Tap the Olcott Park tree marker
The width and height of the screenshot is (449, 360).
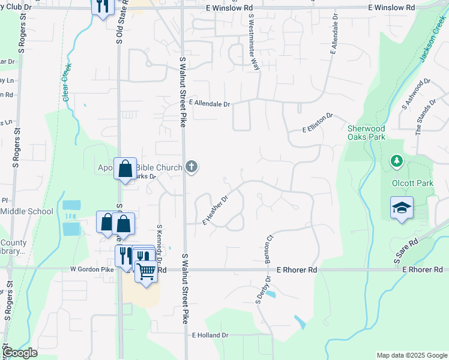point(396,161)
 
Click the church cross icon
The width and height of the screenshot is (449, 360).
point(191,166)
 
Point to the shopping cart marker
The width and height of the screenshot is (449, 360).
point(146,272)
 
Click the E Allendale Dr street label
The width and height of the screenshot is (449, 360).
point(209,104)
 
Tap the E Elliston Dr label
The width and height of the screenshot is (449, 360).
point(318,122)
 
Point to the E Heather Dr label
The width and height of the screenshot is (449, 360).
point(215,209)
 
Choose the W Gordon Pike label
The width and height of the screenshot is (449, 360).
point(92,271)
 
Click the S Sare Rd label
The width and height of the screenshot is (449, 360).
point(406,251)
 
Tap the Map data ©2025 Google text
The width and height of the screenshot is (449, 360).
point(411,355)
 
